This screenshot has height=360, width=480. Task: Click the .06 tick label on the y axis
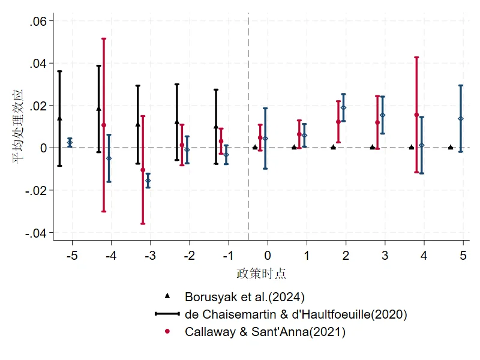pyautogui.click(x=38, y=22)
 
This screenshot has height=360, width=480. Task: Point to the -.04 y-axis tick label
pyautogui.click(x=36, y=233)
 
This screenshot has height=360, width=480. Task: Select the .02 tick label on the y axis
pyautogui.click(x=38, y=106)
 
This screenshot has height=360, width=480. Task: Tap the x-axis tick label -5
pyautogui.click(x=72, y=256)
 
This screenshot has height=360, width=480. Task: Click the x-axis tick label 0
pyautogui.click(x=268, y=256)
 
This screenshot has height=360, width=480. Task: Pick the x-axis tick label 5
pyautogui.click(x=463, y=256)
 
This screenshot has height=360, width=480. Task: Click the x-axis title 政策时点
pyautogui.click(x=261, y=274)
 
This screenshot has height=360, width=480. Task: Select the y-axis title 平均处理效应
pyautogui.click(x=17, y=127)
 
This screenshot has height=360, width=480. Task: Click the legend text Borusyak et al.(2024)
pyautogui.click(x=245, y=297)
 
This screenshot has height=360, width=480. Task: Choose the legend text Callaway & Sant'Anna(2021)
pyautogui.click(x=265, y=332)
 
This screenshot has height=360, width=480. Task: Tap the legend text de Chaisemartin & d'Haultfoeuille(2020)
pyautogui.click(x=296, y=314)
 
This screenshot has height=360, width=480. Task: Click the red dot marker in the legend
pyautogui.click(x=167, y=332)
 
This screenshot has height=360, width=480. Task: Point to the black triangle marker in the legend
pyautogui.click(x=167, y=296)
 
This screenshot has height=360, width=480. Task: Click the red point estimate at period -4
pyautogui.click(x=104, y=125)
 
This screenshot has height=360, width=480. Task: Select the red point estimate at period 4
pyautogui.click(x=416, y=115)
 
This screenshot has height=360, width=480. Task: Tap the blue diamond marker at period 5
pyautogui.click(x=461, y=119)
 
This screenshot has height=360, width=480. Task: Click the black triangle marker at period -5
pyautogui.click(x=59, y=118)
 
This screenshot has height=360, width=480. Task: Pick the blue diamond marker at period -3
pyautogui.click(x=148, y=181)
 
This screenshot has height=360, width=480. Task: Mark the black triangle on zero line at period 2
pyautogui.click(x=334, y=147)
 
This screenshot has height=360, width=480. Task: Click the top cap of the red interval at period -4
pyautogui.click(x=104, y=38)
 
